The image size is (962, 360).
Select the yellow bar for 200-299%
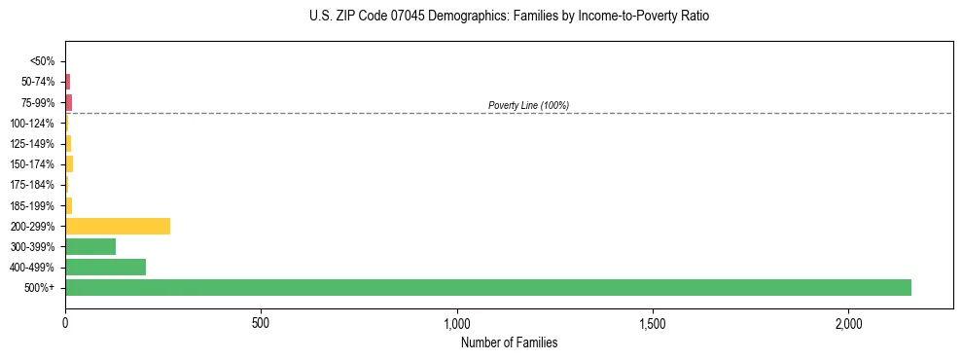pos(118,226)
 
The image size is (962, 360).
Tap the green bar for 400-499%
pos(105,267)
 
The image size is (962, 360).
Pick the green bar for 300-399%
pos(90,246)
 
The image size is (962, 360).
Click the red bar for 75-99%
pos(68,102)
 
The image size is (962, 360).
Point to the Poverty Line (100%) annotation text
pos(528,105)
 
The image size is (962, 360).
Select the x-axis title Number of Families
pos(509,342)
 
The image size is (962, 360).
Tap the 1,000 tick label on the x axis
pos(456,323)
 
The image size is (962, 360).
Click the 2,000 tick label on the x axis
pos(848,323)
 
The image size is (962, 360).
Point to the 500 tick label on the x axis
pos(261,323)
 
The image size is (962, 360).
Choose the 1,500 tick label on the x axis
pos(652,323)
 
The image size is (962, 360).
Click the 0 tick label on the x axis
pos(65,323)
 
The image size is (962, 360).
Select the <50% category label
pos(43,61)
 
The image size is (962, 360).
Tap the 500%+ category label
pos(41,288)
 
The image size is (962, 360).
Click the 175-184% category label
pos(33,185)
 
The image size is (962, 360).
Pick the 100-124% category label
pos(33,123)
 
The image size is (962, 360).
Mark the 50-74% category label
pos(38,82)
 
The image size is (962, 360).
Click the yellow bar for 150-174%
pos(69,163)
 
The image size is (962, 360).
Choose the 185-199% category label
pos(33,205)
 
